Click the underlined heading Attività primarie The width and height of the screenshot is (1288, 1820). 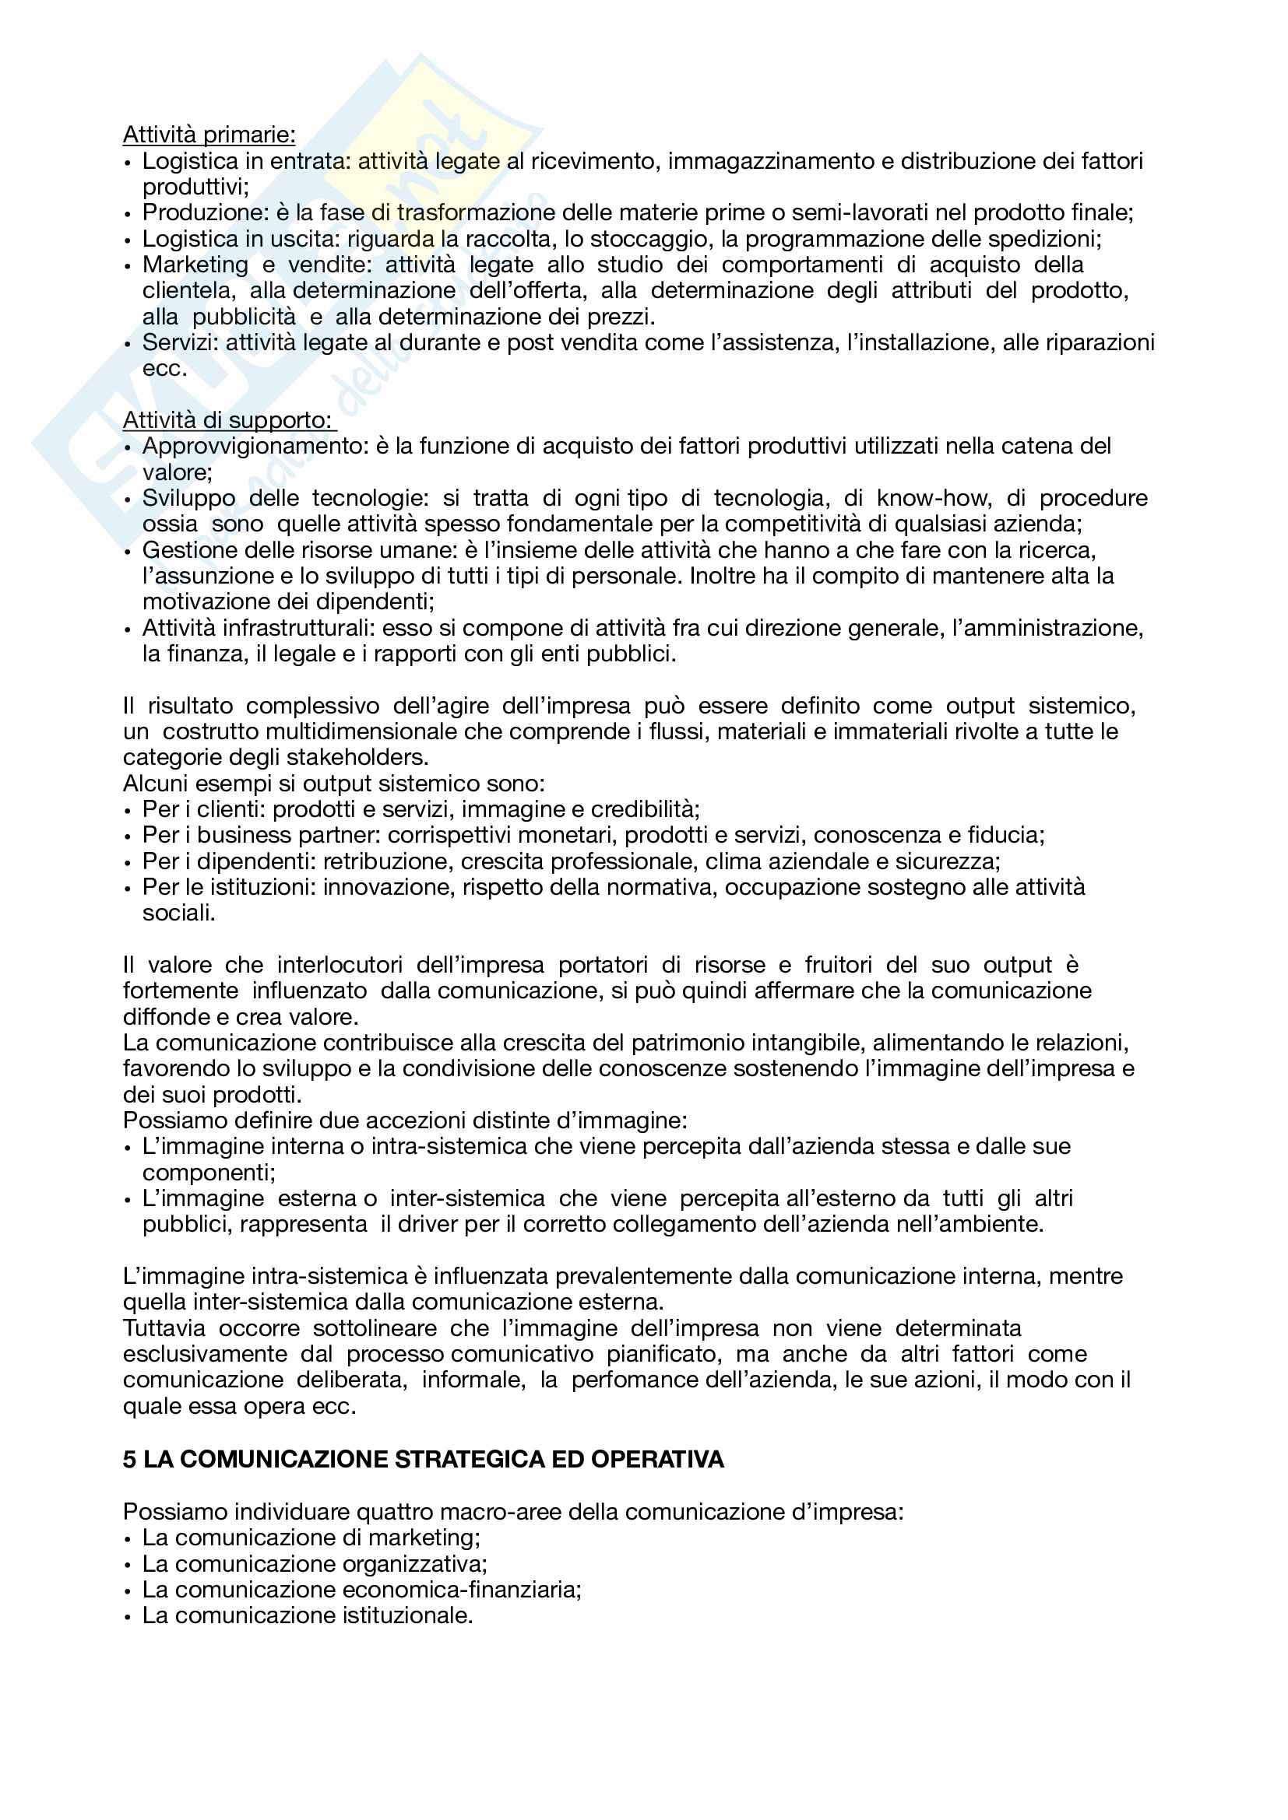[x=209, y=135]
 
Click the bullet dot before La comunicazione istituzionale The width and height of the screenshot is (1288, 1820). [x=128, y=1617]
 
